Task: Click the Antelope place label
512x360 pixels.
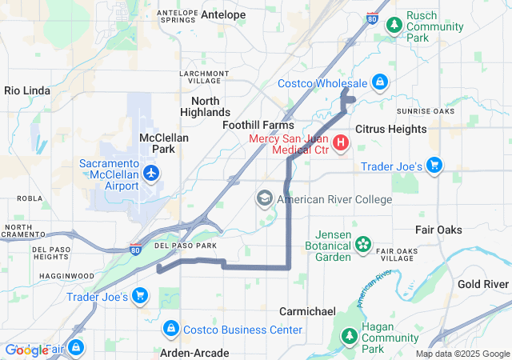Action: (x=223, y=14)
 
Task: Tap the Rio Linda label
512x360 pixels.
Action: (x=28, y=90)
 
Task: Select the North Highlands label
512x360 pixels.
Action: (x=210, y=106)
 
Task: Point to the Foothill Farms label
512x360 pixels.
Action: (x=258, y=126)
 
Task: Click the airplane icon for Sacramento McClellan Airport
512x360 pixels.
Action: (x=150, y=172)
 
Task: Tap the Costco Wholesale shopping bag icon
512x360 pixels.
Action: (x=380, y=82)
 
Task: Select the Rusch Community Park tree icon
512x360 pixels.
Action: (x=394, y=26)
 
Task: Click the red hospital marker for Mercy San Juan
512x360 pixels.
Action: (x=341, y=143)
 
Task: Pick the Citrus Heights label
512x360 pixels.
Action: (x=391, y=129)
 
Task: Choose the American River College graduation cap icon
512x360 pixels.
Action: (x=265, y=198)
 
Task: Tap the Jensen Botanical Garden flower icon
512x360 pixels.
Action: (x=363, y=243)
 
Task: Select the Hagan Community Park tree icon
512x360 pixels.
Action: (x=349, y=338)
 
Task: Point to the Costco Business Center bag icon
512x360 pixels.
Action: (x=170, y=329)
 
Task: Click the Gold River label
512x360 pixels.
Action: (x=483, y=284)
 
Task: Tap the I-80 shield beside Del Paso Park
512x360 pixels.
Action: (x=136, y=250)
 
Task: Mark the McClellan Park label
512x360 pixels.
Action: (x=163, y=143)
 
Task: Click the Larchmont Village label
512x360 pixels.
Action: (x=204, y=77)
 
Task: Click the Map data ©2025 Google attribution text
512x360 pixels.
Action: (x=462, y=354)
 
